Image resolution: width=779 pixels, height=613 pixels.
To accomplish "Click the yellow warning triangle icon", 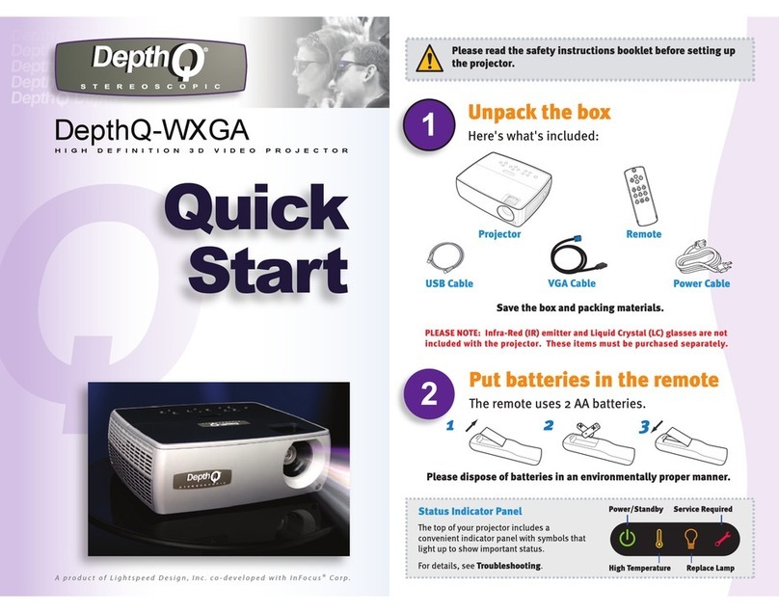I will pos(427,58).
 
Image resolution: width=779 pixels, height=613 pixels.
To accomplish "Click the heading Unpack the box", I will pos(538,112).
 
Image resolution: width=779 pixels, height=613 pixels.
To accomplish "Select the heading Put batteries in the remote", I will pos(593,379).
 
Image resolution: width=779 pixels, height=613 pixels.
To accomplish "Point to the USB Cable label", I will pos(449,284).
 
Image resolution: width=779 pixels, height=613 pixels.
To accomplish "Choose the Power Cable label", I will pos(701,284).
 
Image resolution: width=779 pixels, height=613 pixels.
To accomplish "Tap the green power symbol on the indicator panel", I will pos(627,539).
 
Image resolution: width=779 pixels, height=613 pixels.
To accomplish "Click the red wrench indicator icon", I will pos(721,539).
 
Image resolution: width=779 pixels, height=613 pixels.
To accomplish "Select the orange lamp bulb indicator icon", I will pos(690,539).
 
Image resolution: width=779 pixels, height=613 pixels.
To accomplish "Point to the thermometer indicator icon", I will pos(658,539).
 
